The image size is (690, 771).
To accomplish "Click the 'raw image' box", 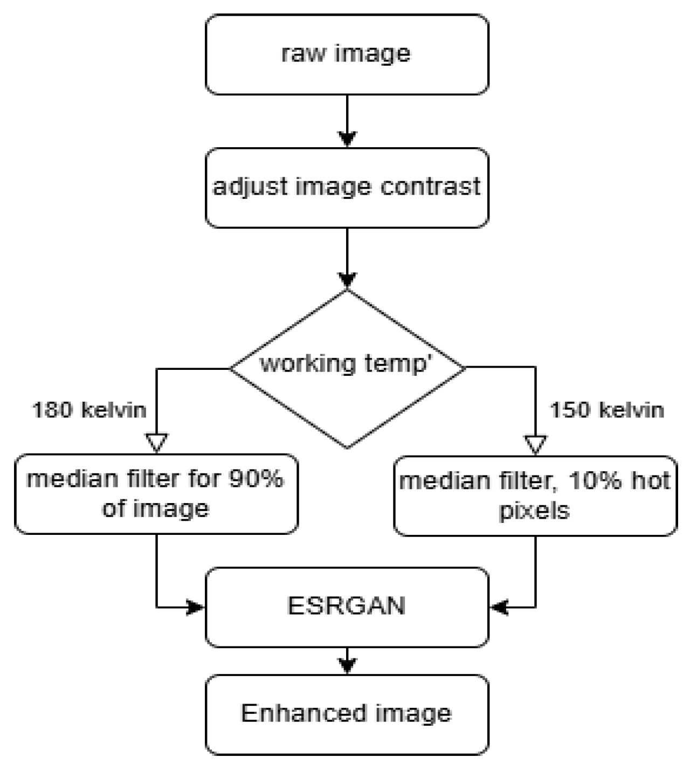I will point(347,54).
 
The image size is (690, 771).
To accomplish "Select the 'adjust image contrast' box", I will point(347,188).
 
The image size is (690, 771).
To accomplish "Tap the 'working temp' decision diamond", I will point(347,368).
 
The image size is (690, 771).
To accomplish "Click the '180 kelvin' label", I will point(89,410).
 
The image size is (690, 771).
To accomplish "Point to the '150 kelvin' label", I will point(606,410).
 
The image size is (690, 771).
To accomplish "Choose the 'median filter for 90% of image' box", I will point(156,494).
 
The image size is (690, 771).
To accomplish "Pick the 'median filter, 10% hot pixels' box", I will point(535,495).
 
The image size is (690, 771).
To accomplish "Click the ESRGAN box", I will point(347,607).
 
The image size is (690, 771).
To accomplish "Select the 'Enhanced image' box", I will point(347,714).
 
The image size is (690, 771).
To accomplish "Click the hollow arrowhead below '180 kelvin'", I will point(157,443).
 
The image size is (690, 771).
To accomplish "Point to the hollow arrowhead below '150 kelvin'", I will point(535,445).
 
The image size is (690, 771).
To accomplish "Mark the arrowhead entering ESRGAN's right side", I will point(499,608).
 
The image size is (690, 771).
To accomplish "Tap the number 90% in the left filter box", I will point(257,479).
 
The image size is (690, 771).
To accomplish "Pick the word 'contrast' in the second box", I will point(430,187).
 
